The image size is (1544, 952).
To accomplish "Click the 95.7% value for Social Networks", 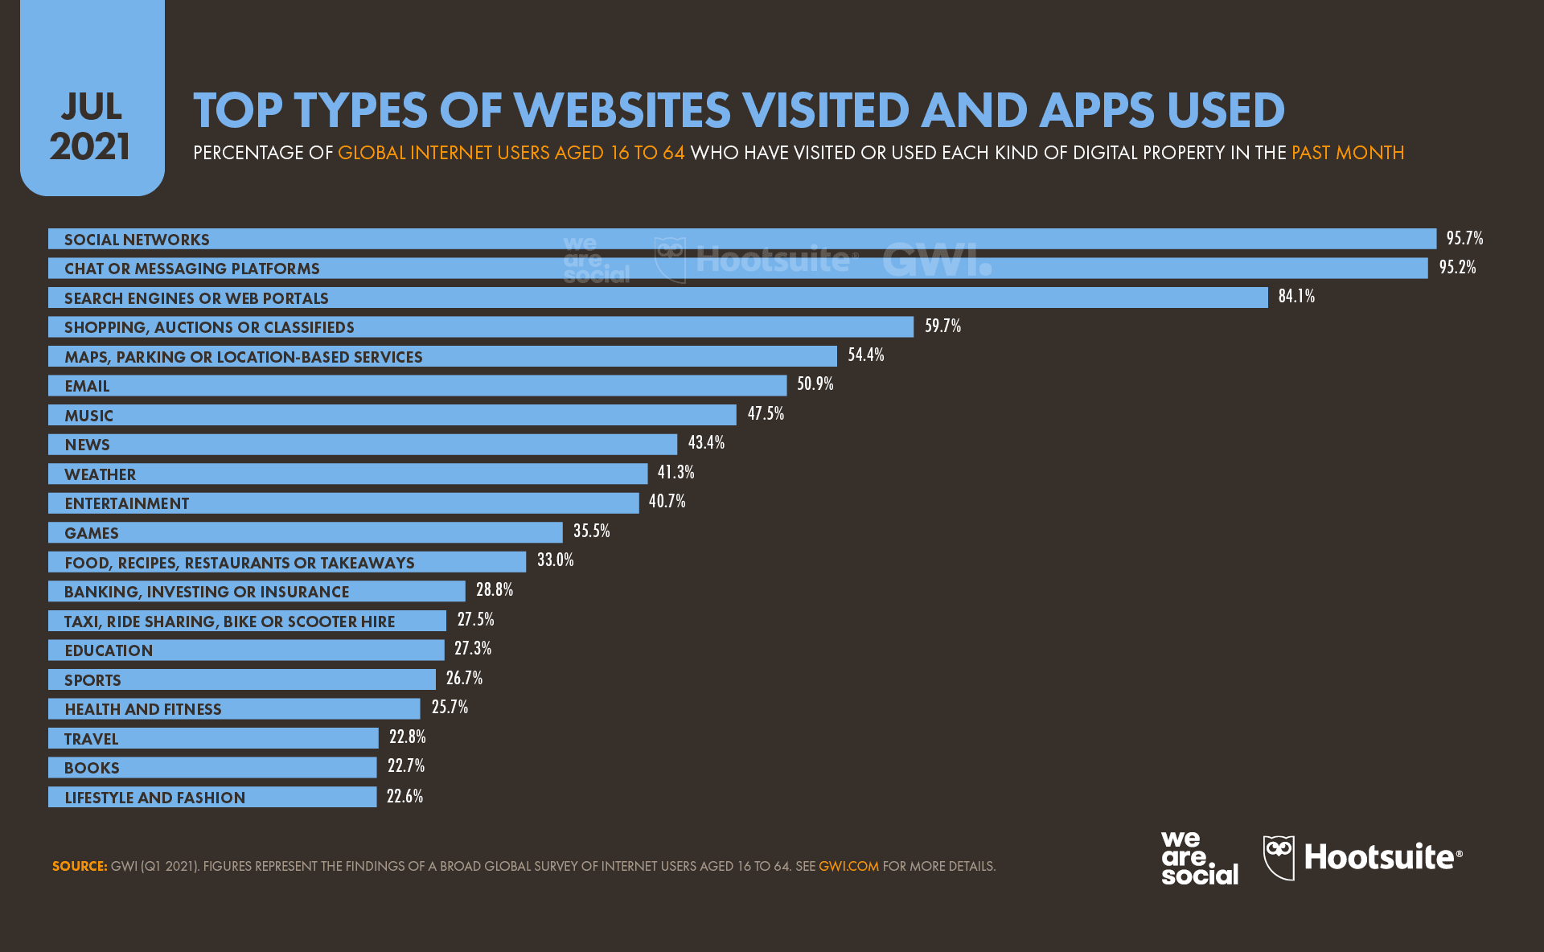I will (1464, 238).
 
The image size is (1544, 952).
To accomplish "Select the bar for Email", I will (417, 386).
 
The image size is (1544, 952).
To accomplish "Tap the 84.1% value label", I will (1296, 296).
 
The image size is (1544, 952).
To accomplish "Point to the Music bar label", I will (88, 416).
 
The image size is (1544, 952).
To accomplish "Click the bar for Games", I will (306, 533).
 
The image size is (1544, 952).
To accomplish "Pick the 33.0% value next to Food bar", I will (555, 560).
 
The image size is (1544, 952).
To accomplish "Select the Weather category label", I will (100, 474).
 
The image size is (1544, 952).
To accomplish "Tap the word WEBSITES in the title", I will (622, 111).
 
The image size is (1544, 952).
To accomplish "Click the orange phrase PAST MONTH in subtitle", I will (1347, 153).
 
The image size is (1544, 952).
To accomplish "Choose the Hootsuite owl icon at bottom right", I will (1279, 857).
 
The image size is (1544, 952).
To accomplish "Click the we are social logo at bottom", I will (1199, 858).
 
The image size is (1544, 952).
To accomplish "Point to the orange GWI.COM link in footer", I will (848, 866).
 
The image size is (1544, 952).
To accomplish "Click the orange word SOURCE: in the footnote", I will (80, 866).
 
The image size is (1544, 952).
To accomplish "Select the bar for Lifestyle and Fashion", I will (212, 797).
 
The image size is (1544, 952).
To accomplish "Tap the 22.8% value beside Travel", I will (407, 737).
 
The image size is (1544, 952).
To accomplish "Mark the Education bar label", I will (109, 650).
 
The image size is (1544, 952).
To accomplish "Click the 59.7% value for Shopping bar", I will (942, 326).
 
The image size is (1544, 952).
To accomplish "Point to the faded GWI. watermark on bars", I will (936, 260).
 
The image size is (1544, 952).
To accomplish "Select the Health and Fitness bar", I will (233, 709).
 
